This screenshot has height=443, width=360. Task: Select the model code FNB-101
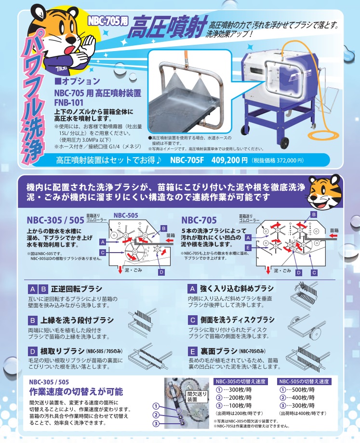tap(68, 102)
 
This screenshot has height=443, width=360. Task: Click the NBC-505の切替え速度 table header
tap(304, 381)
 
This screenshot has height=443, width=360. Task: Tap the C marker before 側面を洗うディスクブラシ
tap(192, 320)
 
